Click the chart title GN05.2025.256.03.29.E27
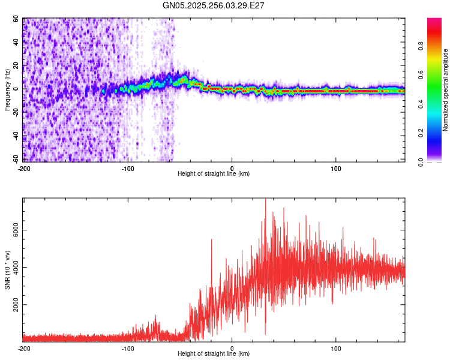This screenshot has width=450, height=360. pyautogui.click(x=214, y=5)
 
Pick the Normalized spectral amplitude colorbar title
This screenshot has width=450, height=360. pyautogui.click(x=445, y=90)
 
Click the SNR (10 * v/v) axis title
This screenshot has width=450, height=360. pyautogui.click(x=7, y=270)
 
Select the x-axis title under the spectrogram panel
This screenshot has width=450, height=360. pyautogui.click(x=214, y=173)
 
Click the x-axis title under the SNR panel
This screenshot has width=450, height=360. pyautogui.click(x=214, y=353)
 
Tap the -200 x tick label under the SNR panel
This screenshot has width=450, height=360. pyautogui.click(x=24, y=348)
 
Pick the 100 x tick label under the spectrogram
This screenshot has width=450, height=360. pyautogui.click(x=336, y=168)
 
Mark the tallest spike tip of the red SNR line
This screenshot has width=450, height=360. pyautogui.click(x=265, y=199)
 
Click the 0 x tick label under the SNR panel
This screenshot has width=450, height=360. pyautogui.click(x=232, y=348)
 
